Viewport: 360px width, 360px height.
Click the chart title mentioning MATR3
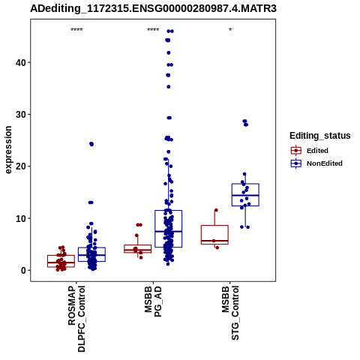point(153,8)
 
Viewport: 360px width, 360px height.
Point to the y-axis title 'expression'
point(8,150)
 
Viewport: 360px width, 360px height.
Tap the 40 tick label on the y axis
point(21,62)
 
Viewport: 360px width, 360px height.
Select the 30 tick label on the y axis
point(21,115)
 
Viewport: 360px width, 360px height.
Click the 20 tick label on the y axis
point(21,166)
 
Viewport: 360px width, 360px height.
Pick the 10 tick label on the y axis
point(21,218)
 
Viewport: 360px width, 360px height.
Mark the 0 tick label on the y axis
point(23,270)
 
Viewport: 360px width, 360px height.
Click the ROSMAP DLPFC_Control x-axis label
point(76,319)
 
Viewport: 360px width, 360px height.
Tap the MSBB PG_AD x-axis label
point(153,302)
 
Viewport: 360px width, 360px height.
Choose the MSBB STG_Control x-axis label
point(230,313)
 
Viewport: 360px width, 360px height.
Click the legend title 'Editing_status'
point(320,136)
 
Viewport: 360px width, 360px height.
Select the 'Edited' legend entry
point(309,151)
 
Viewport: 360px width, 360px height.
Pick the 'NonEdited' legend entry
point(316,163)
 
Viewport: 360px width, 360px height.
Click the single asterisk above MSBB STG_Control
point(230,30)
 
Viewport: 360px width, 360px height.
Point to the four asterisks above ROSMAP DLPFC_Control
point(76,30)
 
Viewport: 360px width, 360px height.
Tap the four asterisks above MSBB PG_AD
point(153,30)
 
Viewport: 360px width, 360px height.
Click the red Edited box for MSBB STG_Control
point(214,226)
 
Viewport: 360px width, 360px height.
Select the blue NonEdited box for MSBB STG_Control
point(245,184)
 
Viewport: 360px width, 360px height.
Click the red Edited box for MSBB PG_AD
point(138,245)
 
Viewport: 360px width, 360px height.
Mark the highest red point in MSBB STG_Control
point(216,210)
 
